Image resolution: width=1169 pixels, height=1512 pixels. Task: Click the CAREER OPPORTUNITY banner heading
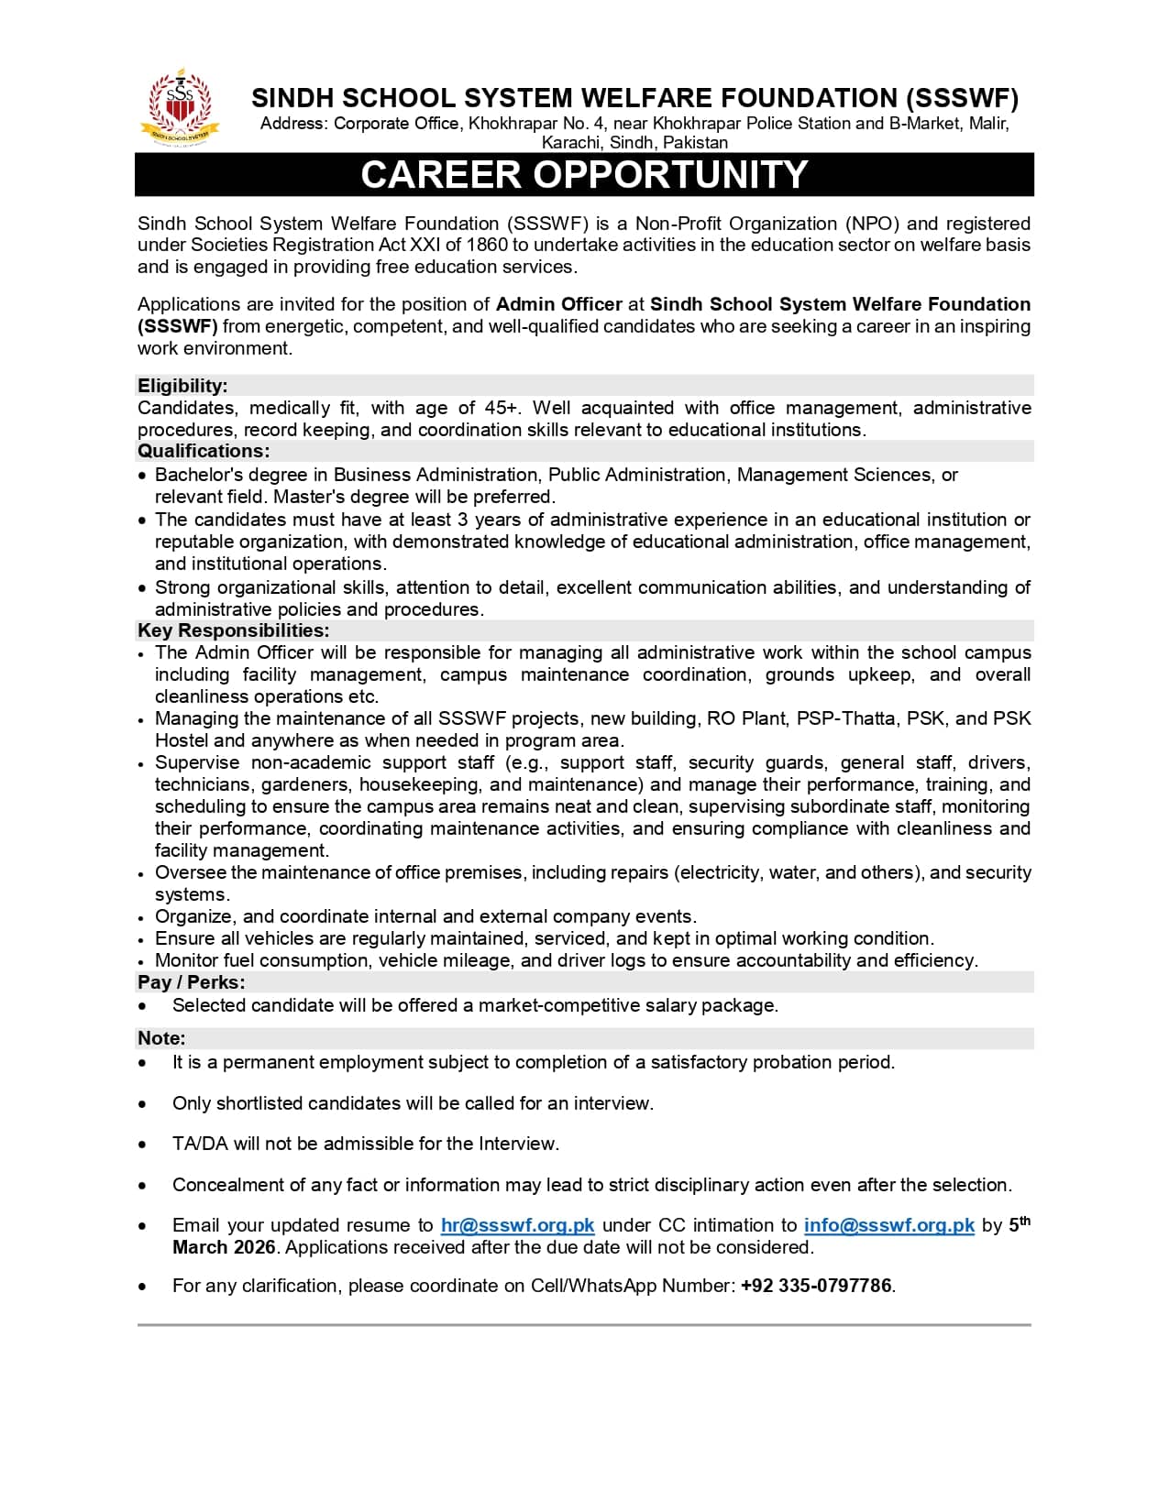[x=584, y=174]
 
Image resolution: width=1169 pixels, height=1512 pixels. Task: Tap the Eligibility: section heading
[x=182, y=386]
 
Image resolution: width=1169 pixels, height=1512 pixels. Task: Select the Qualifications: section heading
[x=204, y=451]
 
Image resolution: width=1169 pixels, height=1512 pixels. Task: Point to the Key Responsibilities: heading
[x=233, y=630]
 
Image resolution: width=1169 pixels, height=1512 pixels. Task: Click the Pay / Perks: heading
[x=191, y=982]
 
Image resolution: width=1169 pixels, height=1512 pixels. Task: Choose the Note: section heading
[x=161, y=1038]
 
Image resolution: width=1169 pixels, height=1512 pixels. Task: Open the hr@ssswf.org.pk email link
[x=517, y=1226]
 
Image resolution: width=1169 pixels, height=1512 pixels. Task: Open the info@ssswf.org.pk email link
[x=888, y=1226]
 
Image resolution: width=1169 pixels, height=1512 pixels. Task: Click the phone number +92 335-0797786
[x=816, y=1286]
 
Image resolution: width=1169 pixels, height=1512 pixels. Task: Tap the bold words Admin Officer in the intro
[x=558, y=304]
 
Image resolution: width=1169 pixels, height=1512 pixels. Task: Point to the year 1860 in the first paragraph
[x=486, y=245]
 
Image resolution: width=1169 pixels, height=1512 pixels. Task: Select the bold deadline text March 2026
[x=224, y=1248]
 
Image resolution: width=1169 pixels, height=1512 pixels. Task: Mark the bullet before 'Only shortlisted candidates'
[x=142, y=1104]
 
